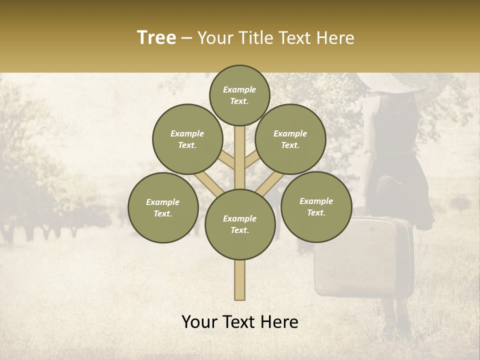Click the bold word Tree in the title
(156, 38)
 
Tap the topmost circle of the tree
(239, 95)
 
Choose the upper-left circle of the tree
(187, 139)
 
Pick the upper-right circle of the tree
(290, 139)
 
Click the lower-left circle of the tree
(163, 207)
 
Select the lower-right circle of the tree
(316, 206)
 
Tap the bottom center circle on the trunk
(240, 224)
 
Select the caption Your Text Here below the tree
(240, 322)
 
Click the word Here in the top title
(336, 38)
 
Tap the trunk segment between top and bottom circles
(240, 157)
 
